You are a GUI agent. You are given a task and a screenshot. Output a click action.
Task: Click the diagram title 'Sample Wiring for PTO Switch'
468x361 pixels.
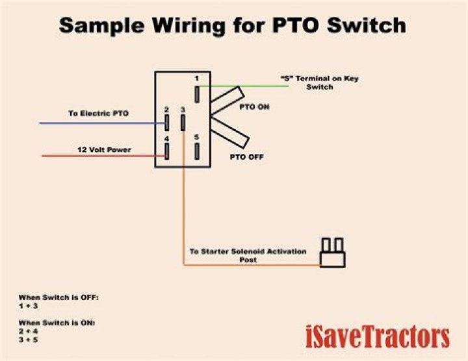pos(233,25)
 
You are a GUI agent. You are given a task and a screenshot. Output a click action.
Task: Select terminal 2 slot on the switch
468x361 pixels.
pos(167,122)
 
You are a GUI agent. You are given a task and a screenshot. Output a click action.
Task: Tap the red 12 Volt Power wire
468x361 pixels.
pos(97,156)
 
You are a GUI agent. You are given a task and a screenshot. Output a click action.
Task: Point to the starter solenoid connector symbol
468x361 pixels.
pos(331,253)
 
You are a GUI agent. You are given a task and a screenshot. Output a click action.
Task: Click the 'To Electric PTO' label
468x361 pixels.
pos(99,114)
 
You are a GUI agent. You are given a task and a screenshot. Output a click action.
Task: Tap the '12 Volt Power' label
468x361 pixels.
pos(104,150)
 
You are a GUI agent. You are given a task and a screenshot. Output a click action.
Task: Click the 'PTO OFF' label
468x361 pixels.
pos(246,157)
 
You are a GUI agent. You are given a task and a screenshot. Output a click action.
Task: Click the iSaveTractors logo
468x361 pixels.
pos(378,337)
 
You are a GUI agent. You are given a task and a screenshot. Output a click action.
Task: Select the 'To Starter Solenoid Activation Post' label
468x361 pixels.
pos(247,255)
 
